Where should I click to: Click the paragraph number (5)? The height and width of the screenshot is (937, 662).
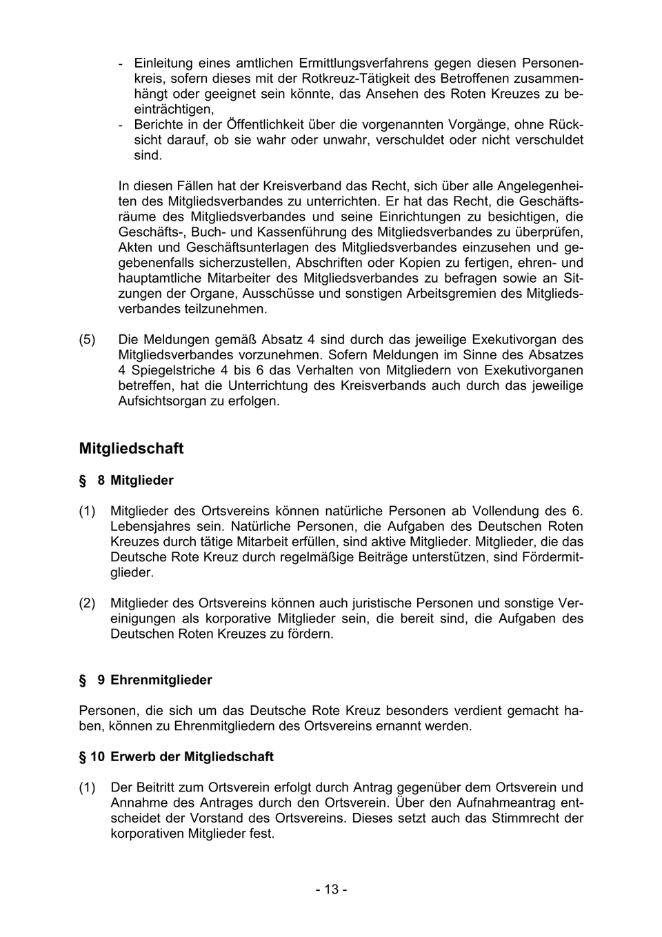pyautogui.click(x=88, y=340)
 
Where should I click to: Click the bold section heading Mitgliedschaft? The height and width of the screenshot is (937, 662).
pyautogui.click(x=131, y=449)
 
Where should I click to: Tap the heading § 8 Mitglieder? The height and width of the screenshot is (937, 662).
pyautogui.click(x=126, y=481)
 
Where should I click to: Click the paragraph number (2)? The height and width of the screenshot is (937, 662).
pyautogui.click(x=88, y=603)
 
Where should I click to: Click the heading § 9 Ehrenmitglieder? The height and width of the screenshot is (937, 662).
pyautogui.click(x=146, y=681)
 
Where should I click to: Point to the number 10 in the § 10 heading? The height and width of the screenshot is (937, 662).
pyautogui.click(x=97, y=757)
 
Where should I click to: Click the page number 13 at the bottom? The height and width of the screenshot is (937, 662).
pyautogui.click(x=331, y=890)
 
